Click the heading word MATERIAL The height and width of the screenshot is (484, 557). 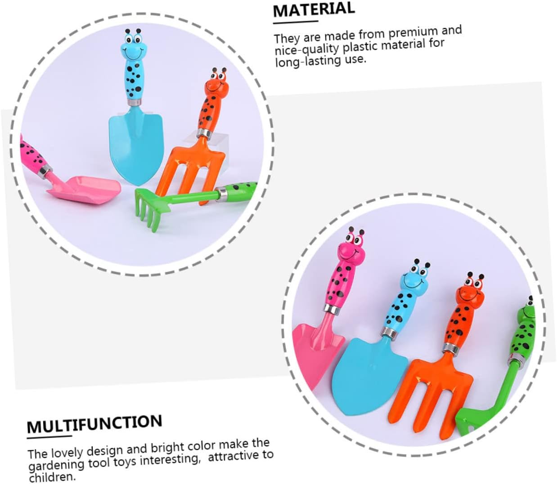(x=314, y=9)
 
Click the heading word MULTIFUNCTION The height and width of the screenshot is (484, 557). (x=94, y=423)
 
